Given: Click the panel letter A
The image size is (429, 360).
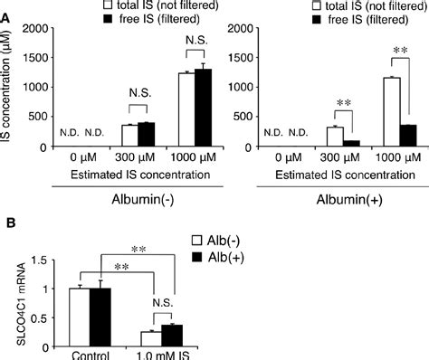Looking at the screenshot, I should [6, 6].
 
